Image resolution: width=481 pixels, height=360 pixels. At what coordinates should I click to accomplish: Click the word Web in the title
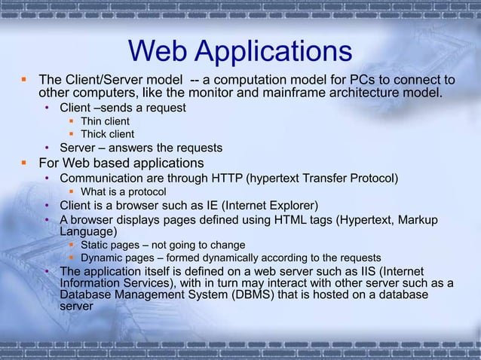(156, 51)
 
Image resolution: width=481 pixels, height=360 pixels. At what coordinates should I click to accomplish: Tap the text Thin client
(105, 121)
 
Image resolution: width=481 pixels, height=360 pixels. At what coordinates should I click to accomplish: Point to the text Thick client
(107, 135)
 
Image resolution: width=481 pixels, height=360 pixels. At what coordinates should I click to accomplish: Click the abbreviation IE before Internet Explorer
(195, 206)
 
